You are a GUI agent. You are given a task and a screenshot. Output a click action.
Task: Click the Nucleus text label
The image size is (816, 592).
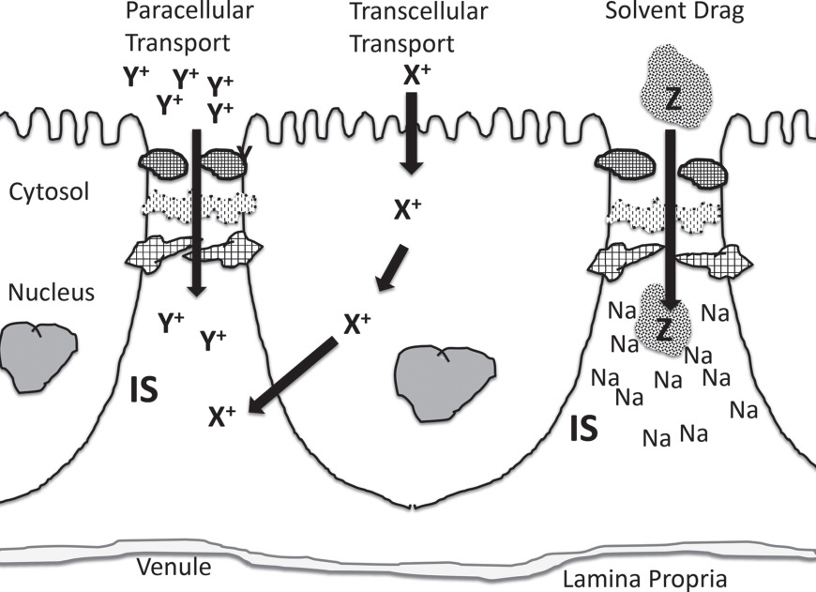tap(51, 293)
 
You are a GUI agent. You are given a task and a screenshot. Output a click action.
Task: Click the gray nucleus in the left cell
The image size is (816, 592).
tap(36, 356)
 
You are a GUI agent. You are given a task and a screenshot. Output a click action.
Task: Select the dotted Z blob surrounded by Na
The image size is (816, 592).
tap(664, 326)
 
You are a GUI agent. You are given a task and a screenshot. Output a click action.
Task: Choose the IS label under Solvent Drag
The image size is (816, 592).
tap(584, 430)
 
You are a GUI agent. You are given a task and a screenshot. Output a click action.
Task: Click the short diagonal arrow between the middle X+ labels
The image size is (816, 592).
tap(392, 269)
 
